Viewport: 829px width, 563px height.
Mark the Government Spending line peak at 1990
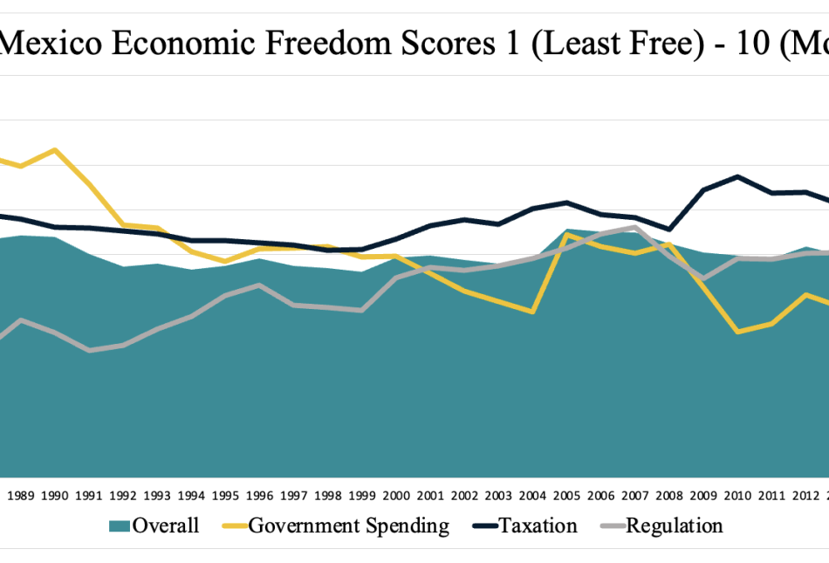(55, 150)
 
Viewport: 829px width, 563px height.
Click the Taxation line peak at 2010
(738, 176)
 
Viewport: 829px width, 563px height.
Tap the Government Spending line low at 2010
(738, 332)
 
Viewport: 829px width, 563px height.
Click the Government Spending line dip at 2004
(533, 312)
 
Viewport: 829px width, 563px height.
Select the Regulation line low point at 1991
(89, 350)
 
